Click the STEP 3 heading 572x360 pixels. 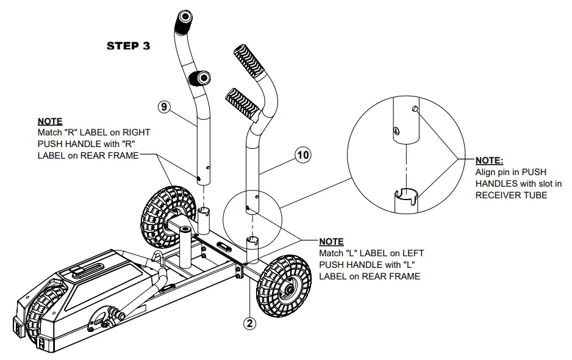tap(128, 46)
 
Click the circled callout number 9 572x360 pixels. tap(164, 106)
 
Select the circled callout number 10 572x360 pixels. tap(302, 154)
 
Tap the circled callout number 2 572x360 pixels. tap(249, 323)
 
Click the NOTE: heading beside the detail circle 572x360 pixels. tap(489, 160)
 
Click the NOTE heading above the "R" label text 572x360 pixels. tap(50, 122)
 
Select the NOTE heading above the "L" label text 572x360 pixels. tap(331, 242)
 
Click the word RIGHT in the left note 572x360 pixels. tap(135, 132)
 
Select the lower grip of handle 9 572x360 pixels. tap(199, 77)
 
